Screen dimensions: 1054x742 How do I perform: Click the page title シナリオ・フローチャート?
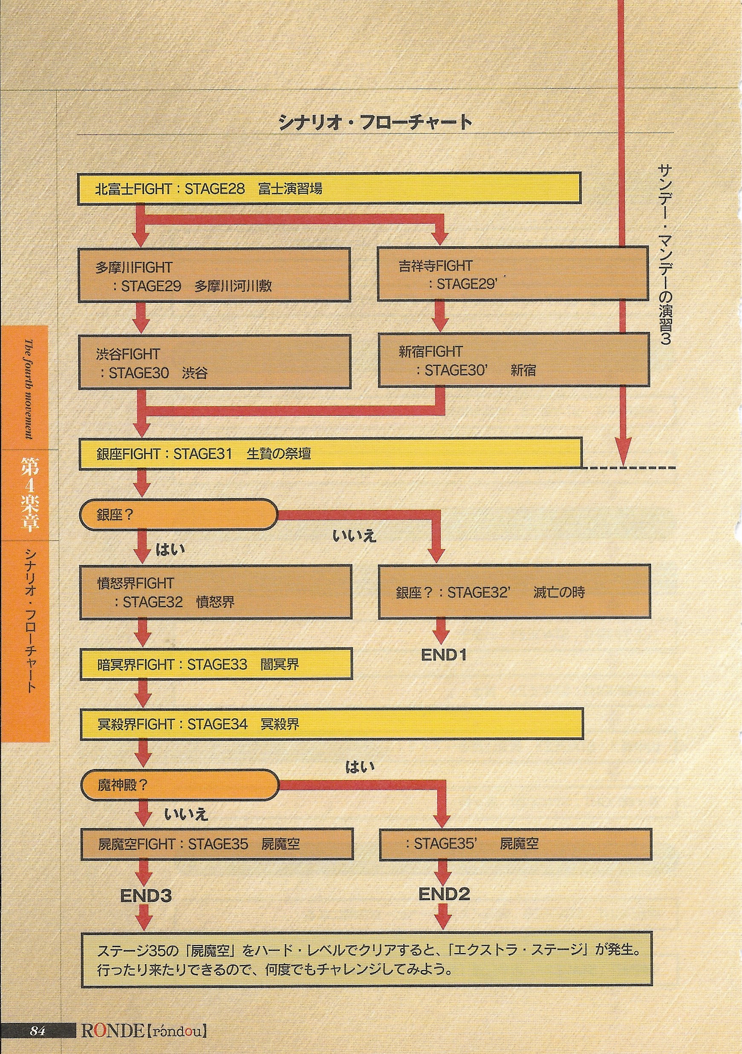tap(375, 123)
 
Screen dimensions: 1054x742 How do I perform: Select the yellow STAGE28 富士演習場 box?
tap(329, 188)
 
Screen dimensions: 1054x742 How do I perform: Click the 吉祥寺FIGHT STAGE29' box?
tap(513, 274)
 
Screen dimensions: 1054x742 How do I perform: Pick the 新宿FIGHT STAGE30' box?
tap(513, 360)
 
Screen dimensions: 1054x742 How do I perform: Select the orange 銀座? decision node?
tap(178, 515)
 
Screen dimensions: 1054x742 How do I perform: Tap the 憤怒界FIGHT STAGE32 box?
tap(216, 592)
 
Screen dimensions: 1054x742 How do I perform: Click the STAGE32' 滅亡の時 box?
tap(514, 592)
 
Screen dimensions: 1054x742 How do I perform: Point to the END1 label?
tap(444, 655)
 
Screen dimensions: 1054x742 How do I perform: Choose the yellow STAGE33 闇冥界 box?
tap(216, 664)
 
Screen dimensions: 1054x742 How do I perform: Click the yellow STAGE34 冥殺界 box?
tap(332, 724)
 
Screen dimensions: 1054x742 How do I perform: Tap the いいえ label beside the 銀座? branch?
tap(354, 536)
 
